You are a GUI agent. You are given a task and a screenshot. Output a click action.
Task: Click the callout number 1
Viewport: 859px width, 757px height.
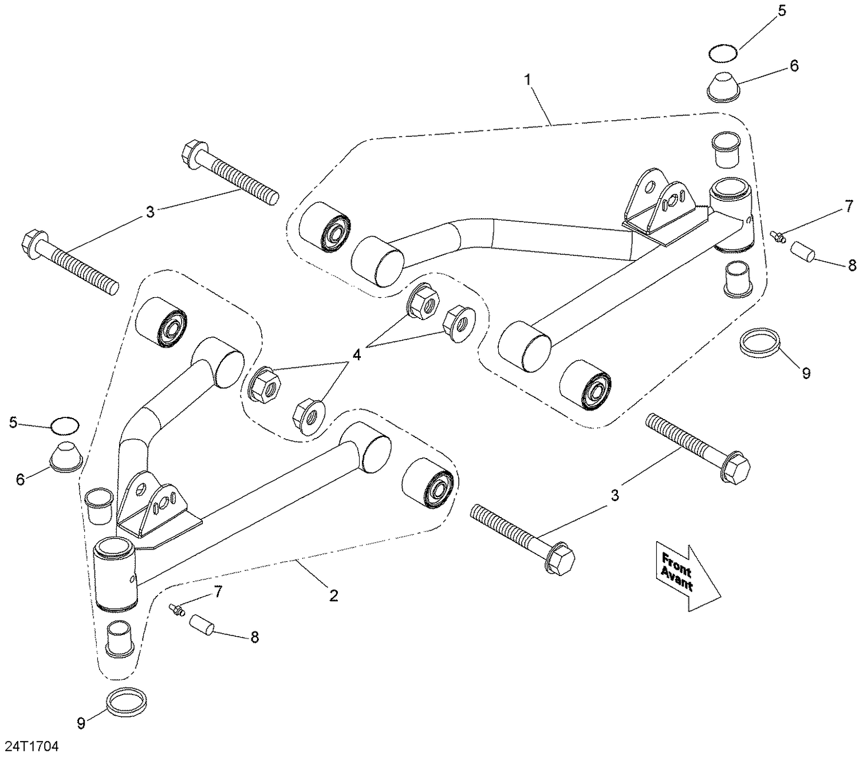coord(528,80)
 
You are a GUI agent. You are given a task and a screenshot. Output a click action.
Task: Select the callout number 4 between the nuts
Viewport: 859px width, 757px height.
coord(357,355)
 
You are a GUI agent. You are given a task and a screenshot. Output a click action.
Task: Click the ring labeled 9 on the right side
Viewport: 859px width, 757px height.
coord(761,342)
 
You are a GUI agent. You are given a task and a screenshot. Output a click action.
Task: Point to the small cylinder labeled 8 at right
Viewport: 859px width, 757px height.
coord(803,252)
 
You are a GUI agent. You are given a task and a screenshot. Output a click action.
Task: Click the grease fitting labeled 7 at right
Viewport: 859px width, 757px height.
coord(777,235)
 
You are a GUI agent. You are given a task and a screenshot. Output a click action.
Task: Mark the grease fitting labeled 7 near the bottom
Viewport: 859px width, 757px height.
coord(176,610)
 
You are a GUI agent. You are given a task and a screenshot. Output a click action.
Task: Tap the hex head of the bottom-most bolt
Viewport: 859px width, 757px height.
coord(561,555)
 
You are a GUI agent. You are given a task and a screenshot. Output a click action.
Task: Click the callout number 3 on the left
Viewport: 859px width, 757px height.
coord(150,212)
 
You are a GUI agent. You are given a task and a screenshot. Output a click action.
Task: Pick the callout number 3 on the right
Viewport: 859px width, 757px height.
coord(615,495)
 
